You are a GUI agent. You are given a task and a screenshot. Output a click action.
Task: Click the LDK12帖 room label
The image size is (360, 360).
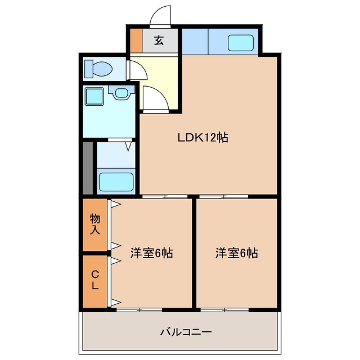(x=202, y=137)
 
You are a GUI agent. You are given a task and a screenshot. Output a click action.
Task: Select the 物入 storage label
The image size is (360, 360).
(x=94, y=224)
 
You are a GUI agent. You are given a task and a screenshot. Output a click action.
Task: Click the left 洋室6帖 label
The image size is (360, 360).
(x=151, y=253)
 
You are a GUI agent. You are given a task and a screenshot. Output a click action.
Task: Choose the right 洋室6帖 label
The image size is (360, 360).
(x=236, y=253)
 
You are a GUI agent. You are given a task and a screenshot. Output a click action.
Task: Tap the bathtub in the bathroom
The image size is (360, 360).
(x=116, y=182)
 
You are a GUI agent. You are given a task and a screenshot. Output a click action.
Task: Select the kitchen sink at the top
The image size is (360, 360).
(x=241, y=42)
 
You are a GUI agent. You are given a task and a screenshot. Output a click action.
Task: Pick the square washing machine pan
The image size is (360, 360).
(x=93, y=96)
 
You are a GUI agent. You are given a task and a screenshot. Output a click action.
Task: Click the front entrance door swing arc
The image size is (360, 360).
(x=161, y=15)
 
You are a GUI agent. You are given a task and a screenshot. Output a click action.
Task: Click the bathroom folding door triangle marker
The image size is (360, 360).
(x=128, y=147)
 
